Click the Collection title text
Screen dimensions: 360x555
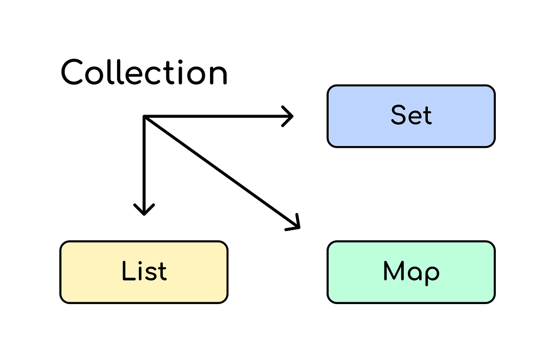point(144,73)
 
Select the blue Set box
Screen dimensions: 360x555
point(411,116)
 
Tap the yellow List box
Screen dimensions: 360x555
point(144,272)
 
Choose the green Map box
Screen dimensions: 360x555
point(411,272)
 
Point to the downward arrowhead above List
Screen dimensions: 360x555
point(144,211)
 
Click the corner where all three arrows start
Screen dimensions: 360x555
point(145,117)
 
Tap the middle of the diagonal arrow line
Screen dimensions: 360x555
point(221,171)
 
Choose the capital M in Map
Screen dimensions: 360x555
point(394,271)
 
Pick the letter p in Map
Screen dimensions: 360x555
point(431,275)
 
